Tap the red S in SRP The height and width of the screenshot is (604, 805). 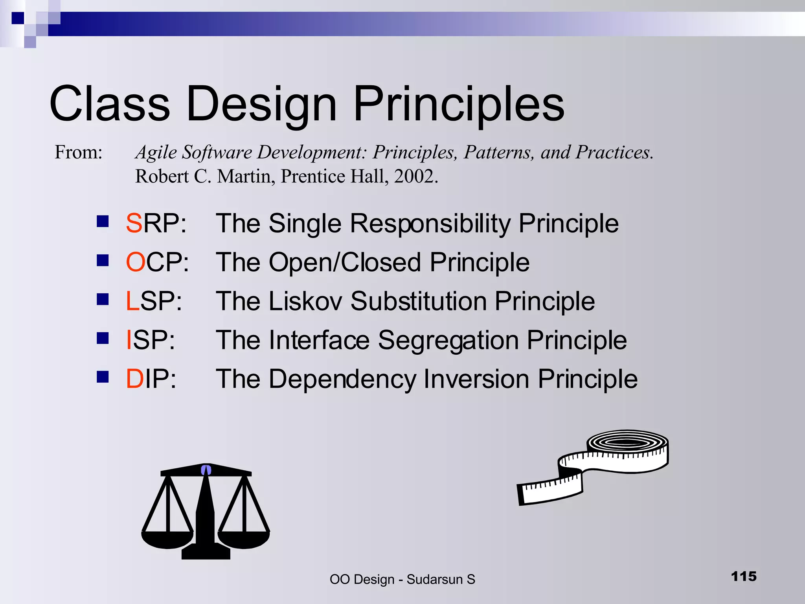point(134,223)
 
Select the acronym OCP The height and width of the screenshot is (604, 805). point(157,262)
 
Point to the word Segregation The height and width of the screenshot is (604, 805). point(448,341)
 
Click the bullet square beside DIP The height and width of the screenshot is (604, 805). point(103,377)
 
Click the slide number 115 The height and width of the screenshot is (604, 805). point(744,576)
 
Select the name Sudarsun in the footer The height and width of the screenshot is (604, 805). point(434,580)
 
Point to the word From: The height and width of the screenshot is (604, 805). point(78,152)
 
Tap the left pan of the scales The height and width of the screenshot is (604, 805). point(167,540)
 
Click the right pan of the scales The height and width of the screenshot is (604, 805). point(244,540)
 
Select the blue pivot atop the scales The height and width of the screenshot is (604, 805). point(206,470)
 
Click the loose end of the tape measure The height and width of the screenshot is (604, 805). point(546,494)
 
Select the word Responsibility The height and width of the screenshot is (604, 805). point(430,223)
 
